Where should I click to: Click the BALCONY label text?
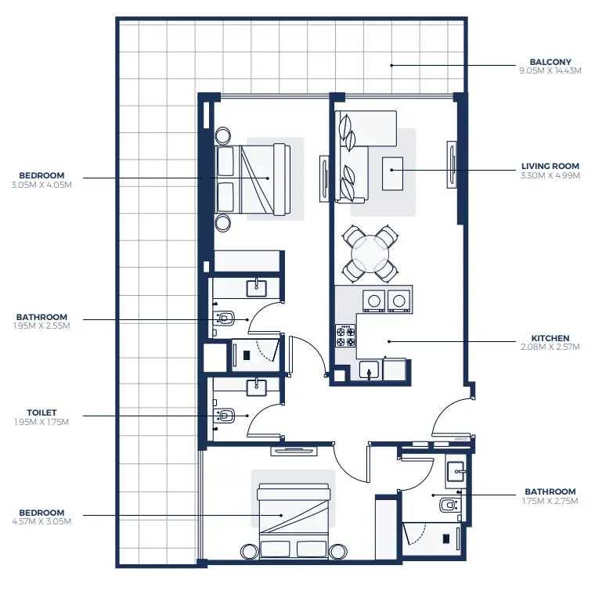(550, 62)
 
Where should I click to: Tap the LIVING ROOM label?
(550, 166)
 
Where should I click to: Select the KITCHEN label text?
(553, 339)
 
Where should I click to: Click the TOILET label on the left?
(42, 412)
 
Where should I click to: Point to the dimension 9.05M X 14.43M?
(550, 70)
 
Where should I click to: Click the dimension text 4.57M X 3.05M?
(42, 521)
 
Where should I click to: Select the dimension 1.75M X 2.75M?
(550, 500)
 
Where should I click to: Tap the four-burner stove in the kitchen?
(345, 337)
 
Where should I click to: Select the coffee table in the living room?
(392, 173)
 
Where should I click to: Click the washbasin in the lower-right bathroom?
(456, 472)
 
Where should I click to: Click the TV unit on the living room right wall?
(451, 164)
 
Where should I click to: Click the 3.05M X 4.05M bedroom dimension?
(42, 185)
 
